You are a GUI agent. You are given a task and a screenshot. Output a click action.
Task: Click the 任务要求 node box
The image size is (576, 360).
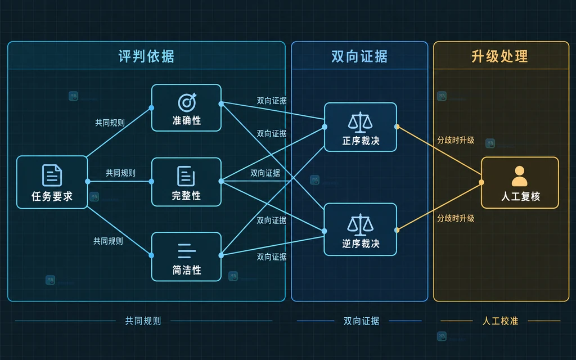click(52, 182)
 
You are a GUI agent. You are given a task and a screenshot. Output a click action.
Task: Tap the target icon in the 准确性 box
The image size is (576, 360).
click(187, 102)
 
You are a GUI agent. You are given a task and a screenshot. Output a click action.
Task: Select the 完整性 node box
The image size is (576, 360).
click(186, 182)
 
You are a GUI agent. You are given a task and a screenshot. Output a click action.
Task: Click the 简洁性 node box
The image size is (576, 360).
click(186, 256)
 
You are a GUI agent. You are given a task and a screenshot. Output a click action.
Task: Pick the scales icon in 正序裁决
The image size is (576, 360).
click(360, 122)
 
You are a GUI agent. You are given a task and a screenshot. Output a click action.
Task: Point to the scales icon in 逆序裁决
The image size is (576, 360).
click(360, 225)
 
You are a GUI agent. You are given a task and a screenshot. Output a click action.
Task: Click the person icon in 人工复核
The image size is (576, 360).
click(519, 176)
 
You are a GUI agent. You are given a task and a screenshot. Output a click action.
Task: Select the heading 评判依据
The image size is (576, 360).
click(146, 57)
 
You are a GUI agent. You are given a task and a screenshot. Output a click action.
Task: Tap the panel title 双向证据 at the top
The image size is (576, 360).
click(359, 57)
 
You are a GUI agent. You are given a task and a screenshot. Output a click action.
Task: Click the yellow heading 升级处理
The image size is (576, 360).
click(499, 57)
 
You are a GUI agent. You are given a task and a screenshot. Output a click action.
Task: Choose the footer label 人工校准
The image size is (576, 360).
click(500, 321)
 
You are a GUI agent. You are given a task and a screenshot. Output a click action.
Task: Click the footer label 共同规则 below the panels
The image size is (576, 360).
click(143, 321)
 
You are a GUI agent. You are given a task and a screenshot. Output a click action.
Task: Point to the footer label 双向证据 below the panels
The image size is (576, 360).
click(361, 321)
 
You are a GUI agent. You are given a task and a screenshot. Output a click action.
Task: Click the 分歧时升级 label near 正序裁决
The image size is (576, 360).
click(456, 140)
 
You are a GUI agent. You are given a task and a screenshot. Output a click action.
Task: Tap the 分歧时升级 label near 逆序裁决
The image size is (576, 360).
click(456, 218)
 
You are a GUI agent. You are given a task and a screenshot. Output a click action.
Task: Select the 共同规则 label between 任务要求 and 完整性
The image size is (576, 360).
click(120, 173)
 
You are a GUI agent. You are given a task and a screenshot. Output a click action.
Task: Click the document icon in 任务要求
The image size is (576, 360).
click(52, 175)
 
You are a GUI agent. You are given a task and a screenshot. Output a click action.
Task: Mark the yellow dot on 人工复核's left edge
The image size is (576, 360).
click(481, 182)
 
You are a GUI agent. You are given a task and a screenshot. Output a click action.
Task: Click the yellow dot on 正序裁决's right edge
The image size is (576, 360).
click(397, 127)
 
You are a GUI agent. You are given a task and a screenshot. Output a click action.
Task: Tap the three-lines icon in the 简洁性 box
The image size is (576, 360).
click(186, 251)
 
